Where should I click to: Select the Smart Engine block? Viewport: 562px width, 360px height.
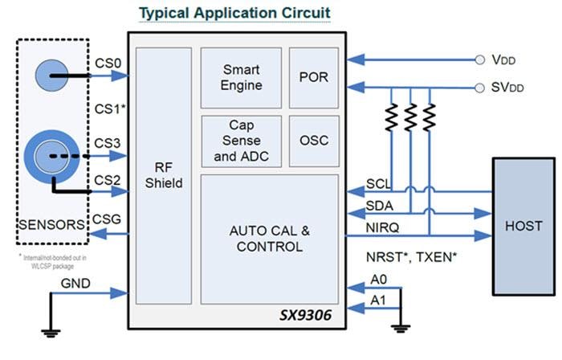pos(241,77)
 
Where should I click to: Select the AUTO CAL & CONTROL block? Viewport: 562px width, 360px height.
pos(269,239)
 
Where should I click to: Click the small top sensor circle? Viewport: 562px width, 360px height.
pos(52,77)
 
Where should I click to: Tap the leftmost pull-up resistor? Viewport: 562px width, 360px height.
pos(391,118)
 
